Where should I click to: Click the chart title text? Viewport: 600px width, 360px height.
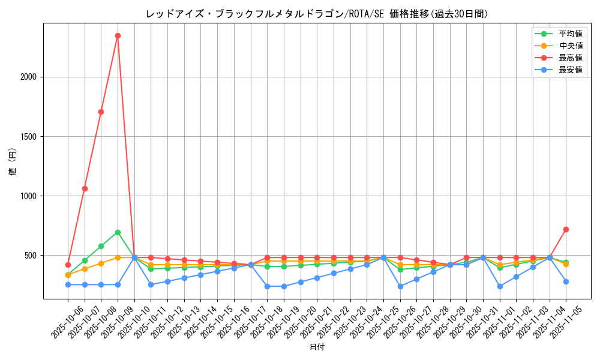[x=317, y=14]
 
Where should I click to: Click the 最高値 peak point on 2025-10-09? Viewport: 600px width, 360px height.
[x=118, y=35]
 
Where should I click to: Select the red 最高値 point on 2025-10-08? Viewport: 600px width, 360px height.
[x=101, y=112]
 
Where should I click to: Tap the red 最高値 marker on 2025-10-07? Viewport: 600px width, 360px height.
[x=85, y=188]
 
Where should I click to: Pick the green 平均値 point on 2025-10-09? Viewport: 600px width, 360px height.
[x=118, y=232]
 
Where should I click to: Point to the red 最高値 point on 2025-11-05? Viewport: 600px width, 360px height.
[x=566, y=229]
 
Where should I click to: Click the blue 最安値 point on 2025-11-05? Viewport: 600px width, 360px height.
[x=566, y=281]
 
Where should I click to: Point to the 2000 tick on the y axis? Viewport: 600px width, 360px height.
[x=29, y=77]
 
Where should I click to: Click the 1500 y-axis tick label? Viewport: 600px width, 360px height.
[x=29, y=136]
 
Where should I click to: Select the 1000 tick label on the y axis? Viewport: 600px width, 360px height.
[x=29, y=196]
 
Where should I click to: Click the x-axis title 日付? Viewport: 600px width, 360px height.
[x=317, y=347]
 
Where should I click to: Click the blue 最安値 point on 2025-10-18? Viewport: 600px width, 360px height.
[x=267, y=286]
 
